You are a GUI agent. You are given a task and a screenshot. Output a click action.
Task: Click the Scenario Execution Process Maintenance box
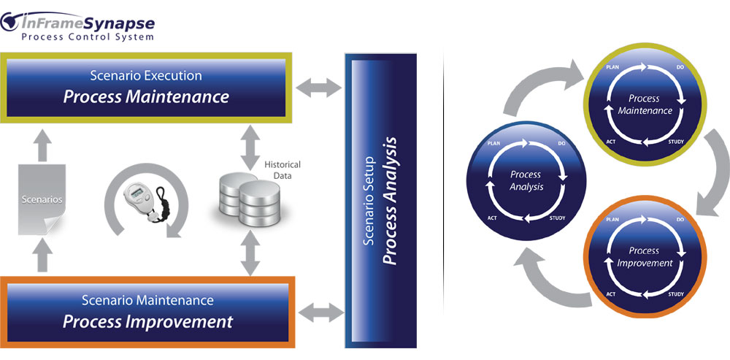pos(147,88)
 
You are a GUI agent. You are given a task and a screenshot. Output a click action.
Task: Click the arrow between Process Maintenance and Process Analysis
pos(319,89)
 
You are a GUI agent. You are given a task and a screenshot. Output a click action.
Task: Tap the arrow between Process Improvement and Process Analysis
pos(320,313)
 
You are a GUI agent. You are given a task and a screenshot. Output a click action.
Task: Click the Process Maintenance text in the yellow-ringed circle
pos(645,104)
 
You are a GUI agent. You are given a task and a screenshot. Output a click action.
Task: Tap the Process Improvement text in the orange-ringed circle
pos(644,256)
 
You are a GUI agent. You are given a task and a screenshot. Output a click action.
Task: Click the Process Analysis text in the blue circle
pos(526,180)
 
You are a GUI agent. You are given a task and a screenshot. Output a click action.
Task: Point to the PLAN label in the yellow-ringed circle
pos(613,66)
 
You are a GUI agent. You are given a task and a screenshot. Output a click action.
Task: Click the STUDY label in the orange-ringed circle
pos(677,295)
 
